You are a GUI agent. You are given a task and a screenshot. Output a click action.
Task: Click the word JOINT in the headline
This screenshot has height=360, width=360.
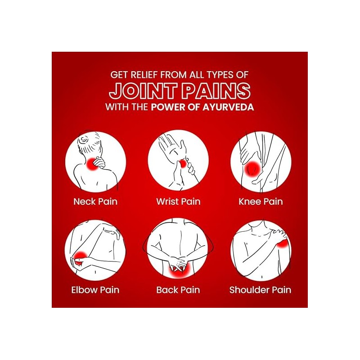(143, 91)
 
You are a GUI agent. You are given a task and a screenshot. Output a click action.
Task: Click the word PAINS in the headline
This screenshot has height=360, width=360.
(216, 91)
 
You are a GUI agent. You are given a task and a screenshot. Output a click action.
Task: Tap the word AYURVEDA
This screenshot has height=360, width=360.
(228, 107)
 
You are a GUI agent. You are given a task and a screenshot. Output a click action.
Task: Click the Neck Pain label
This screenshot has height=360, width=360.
(95, 202)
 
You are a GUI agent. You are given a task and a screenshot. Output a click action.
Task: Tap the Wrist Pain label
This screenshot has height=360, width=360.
(178, 202)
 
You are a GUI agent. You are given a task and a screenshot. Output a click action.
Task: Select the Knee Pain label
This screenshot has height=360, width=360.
(261, 202)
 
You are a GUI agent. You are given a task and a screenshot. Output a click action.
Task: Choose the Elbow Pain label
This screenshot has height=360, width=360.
(95, 290)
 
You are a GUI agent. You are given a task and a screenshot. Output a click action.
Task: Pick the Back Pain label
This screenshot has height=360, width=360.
(178, 290)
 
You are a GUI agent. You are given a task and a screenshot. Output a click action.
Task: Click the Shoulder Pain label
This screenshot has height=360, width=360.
(261, 290)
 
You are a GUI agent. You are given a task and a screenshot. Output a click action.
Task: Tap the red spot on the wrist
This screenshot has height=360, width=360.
(183, 164)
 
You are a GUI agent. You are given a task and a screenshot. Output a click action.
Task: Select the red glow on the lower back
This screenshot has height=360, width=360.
(179, 271)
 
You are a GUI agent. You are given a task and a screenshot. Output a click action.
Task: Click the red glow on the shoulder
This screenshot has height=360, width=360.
(283, 243)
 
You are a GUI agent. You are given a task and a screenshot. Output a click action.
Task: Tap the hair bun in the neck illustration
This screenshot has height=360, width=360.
(83, 139)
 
